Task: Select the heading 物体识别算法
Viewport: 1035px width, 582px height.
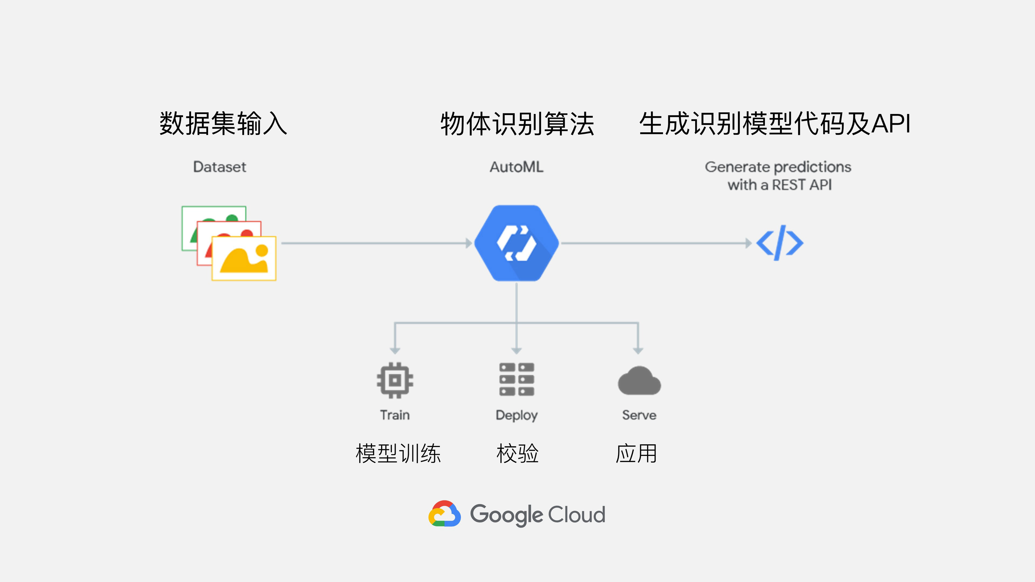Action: click(x=517, y=123)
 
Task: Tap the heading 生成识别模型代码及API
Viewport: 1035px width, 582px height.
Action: click(x=775, y=123)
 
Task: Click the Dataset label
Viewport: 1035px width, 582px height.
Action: click(x=219, y=167)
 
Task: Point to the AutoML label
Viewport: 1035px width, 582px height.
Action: click(x=516, y=167)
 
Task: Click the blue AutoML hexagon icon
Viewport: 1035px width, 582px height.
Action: click(x=516, y=243)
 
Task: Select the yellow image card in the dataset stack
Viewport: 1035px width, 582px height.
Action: click(x=244, y=258)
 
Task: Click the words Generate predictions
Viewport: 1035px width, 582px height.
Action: click(x=778, y=167)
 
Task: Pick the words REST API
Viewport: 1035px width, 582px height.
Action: click(x=802, y=185)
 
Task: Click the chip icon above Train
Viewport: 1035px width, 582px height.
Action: click(x=395, y=380)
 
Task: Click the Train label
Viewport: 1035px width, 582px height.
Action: click(x=395, y=415)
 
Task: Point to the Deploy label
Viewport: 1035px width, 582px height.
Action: click(x=516, y=415)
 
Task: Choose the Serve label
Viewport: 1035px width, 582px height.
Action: click(x=639, y=415)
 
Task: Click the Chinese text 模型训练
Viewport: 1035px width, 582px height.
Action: click(x=398, y=453)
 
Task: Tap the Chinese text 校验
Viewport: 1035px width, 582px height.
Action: click(x=517, y=453)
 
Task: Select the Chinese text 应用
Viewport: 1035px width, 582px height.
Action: click(x=636, y=453)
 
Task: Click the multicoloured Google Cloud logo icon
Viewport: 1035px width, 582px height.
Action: click(x=444, y=514)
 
